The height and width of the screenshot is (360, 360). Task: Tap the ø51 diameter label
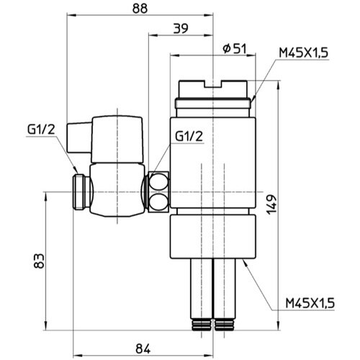pyautogui.click(x=235, y=48)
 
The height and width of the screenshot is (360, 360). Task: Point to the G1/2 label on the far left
pyautogui.click(x=42, y=130)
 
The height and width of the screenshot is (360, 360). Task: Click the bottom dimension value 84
pyautogui.click(x=142, y=348)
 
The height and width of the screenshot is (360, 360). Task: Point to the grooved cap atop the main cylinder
pyautogui.click(x=214, y=92)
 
